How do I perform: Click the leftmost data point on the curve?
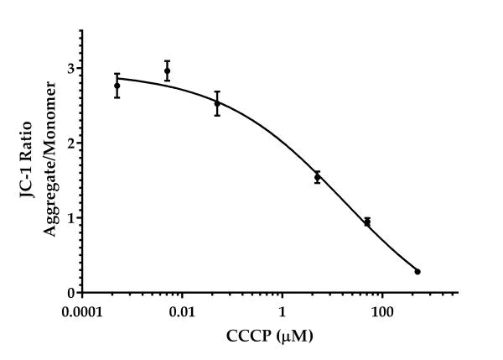pyautogui.click(x=117, y=86)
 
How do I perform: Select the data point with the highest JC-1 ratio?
pyautogui.click(x=167, y=71)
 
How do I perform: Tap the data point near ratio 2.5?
pyautogui.click(x=217, y=103)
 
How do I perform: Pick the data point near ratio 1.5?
pyautogui.click(x=317, y=177)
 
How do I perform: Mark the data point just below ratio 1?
pyautogui.click(x=367, y=222)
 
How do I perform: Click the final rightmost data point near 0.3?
pyautogui.click(x=417, y=271)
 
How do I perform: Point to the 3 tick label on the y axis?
pyautogui.click(x=70, y=68)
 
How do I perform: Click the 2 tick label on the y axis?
pyautogui.click(x=70, y=143)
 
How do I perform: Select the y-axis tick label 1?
pyautogui.click(x=70, y=217)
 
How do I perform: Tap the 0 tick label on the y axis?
pyautogui.click(x=70, y=293)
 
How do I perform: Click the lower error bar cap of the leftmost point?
pyautogui.click(x=117, y=97)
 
